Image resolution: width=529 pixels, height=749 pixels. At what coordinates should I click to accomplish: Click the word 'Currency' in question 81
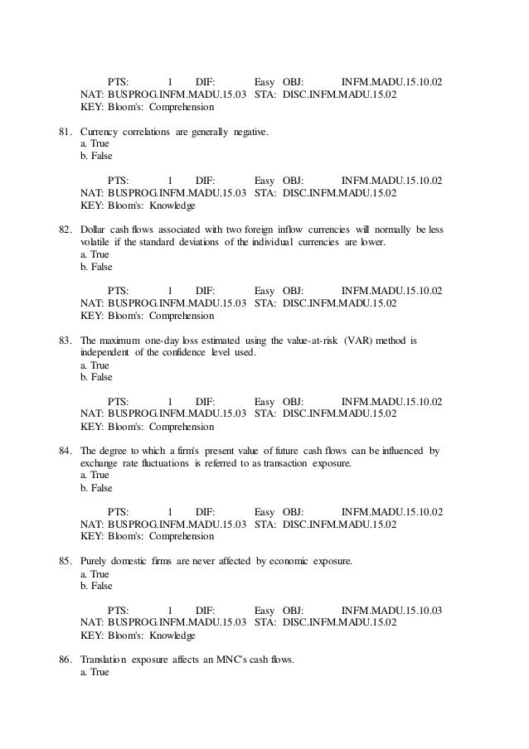pyautogui.click(x=99, y=131)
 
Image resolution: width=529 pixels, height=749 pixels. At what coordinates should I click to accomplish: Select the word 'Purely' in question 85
pyautogui.click(x=95, y=562)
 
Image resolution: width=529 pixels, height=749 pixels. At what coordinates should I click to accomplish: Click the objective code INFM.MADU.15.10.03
pyautogui.click(x=391, y=611)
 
